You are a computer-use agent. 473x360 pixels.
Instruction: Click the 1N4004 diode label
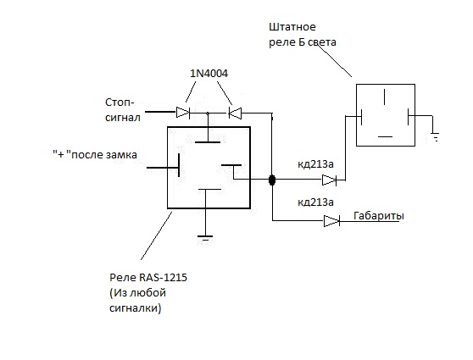pyautogui.click(x=209, y=73)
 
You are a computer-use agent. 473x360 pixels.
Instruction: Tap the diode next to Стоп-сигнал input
pyautogui.click(x=183, y=113)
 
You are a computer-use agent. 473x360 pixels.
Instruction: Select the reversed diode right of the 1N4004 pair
pyautogui.click(x=235, y=113)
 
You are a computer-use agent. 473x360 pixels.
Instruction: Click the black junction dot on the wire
pyautogui.click(x=272, y=180)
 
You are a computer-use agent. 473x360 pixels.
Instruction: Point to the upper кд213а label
pyautogui.click(x=315, y=164)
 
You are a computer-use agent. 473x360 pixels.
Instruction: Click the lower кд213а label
pyautogui.click(x=315, y=202)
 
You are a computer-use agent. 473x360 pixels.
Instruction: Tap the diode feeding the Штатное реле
pyautogui.click(x=330, y=180)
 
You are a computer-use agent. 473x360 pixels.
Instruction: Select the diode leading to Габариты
pyautogui.click(x=331, y=221)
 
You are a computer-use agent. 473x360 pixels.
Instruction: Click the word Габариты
pyautogui.click(x=379, y=216)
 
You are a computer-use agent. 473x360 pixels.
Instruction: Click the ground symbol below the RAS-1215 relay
pyautogui.click(x=205, y=237)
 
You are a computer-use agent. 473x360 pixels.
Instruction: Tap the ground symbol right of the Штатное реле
pyautogui.click(x=435, y=136)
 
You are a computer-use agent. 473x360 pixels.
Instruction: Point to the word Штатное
pyautogui.click(x=292, y=27)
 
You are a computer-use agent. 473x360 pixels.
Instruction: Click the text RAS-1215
pyautogui.click(x=163, y=277)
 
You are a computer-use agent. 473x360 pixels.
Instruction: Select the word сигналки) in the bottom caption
pyautogui.click(x=136, y=308)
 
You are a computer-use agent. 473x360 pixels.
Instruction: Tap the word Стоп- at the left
pyautogui.click(x=120, y=102)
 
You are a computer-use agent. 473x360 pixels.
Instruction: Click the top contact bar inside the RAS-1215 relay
pyautogui.click(x=208, y=142)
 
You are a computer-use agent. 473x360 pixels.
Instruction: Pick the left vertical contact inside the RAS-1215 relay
pyautogui.click(x=179, y=165)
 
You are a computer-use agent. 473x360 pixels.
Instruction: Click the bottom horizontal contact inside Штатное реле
pyautogui.click(x=385, y=136)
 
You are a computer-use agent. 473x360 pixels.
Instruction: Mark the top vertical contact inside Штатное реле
pyautogui.click(x=384, y=97)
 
